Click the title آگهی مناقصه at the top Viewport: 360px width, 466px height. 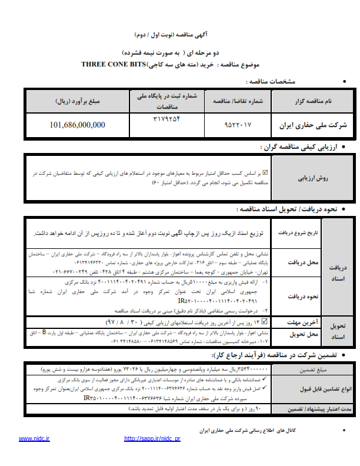[181, 35]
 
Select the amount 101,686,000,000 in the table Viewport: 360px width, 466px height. [78, 125]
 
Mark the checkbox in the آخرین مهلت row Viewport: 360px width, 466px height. [264, 322]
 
